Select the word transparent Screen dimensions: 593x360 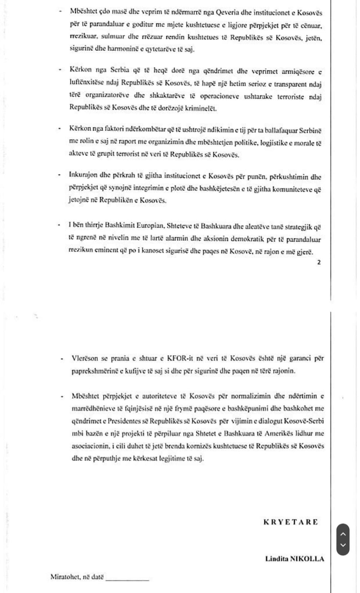(290, 84)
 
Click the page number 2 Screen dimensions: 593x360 (319, 262)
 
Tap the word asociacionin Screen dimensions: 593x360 (90, 446)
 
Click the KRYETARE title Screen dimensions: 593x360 (290, 522)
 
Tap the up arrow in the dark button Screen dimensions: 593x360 (343, 534)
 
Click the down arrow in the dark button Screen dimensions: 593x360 (343, 545)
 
